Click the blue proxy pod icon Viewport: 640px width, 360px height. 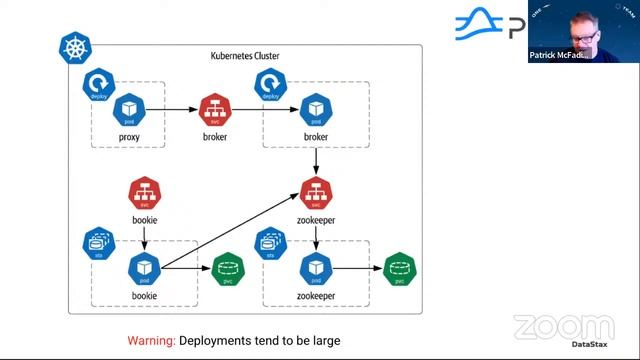coord(130,107)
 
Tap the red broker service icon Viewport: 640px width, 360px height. coord(216,107)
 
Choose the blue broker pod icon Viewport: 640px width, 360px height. coord(316,107)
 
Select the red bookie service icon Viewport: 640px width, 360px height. coord(146,191)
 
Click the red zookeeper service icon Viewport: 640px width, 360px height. coord(316,191)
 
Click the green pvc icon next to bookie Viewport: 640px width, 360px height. coord(229,268)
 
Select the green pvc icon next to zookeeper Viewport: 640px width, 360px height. coord(400,268)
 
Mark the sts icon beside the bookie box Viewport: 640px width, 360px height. coord(97,244)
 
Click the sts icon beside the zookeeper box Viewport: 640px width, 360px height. coord(269,244)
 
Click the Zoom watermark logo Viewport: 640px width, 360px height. coord(565,327)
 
